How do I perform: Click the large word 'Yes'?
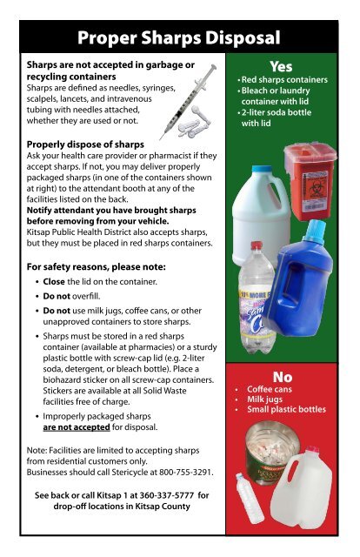pos(280,67)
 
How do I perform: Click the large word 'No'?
pos(280,376)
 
